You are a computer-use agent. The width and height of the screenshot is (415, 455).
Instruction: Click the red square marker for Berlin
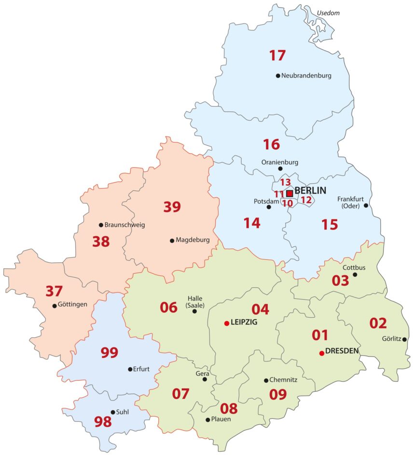point(290,193)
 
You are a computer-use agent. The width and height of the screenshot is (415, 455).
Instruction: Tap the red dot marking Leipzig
point(226,323)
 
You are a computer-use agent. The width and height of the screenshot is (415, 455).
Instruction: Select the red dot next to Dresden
point(321,353)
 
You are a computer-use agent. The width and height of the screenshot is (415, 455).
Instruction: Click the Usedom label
point(329,13)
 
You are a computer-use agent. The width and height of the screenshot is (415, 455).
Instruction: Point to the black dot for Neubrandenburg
point(278,76)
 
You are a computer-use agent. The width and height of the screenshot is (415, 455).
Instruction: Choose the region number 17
point(277,55)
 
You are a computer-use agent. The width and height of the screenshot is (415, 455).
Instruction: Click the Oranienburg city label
point(280,162)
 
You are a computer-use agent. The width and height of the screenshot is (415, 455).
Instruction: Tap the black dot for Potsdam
point(269,207)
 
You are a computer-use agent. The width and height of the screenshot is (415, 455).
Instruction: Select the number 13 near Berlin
point(286,183)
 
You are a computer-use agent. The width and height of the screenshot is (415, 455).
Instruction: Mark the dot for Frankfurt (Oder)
point(366,205)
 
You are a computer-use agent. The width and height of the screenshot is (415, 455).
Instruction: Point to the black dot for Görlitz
point(404,339)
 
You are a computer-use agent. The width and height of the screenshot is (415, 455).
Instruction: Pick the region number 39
point(172,207)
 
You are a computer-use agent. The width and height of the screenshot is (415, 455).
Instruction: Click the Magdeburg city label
point(193,240)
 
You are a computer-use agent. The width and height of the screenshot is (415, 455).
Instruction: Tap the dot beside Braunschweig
point(101,225)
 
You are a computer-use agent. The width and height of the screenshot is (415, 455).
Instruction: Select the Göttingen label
point(72,305)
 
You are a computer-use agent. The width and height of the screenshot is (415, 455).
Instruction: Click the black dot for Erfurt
point(130,369)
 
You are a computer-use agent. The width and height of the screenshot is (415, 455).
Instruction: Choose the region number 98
point(103,422)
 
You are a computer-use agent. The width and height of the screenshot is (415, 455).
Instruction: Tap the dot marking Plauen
point(207,420)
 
